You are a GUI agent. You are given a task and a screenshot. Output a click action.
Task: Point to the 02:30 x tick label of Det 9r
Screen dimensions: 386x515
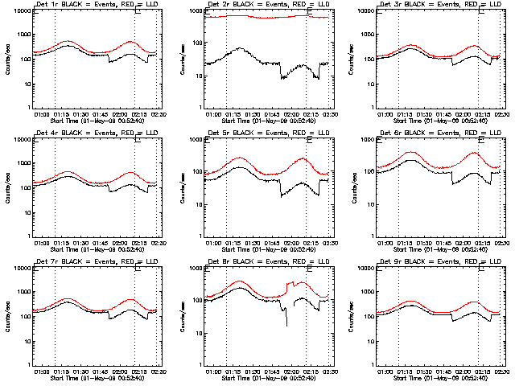point(500,372)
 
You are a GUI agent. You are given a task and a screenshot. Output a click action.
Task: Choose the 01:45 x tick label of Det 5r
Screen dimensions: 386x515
point(274,243)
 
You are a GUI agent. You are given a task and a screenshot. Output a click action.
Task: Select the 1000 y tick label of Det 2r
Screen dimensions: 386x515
point(196,12)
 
